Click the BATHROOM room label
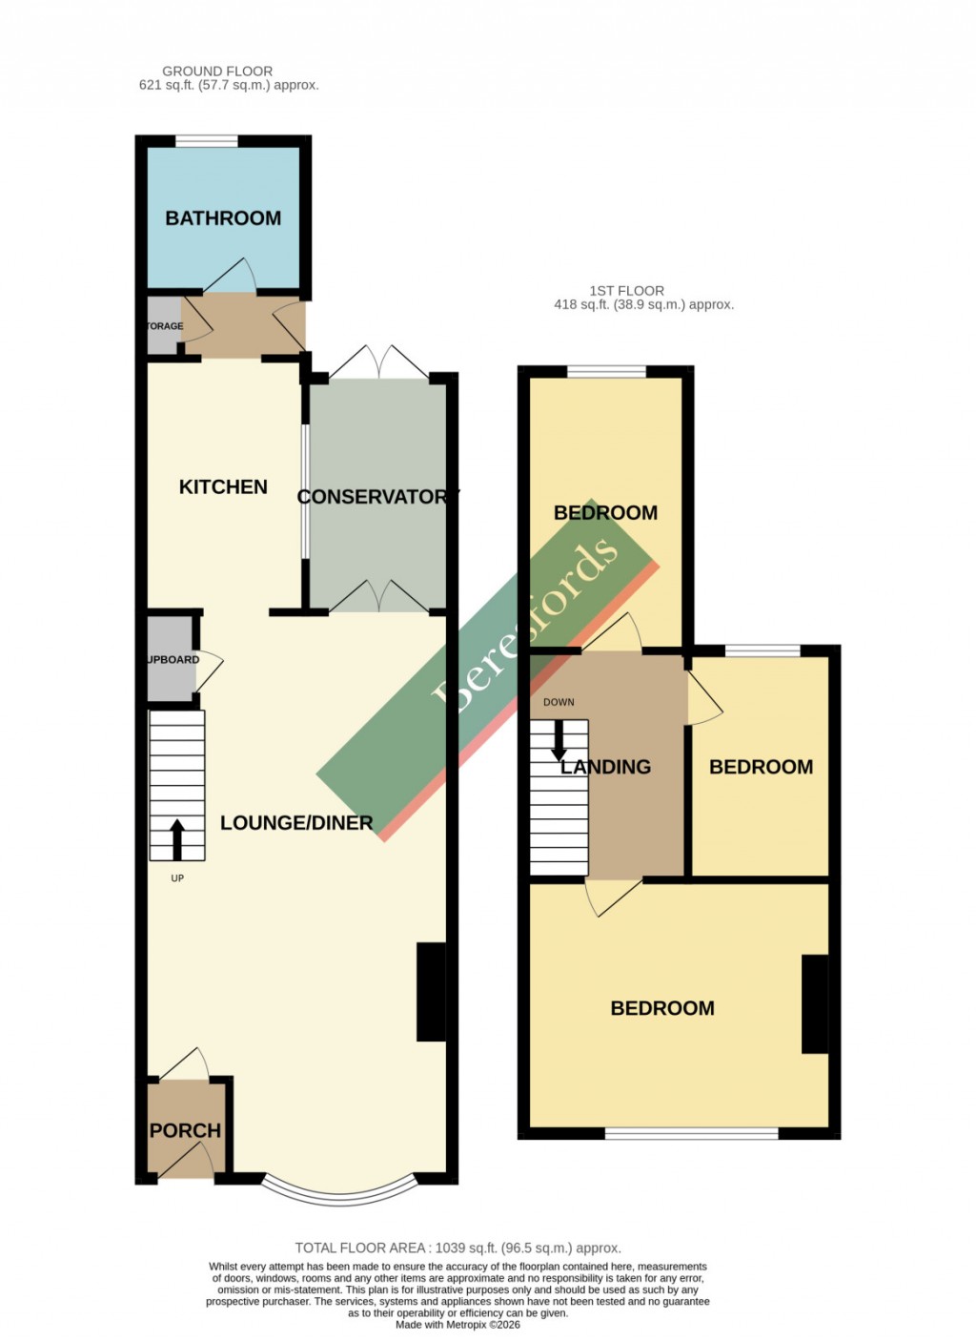click(223, 218)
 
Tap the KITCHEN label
click(223, 487)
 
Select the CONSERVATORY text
click(377, 497)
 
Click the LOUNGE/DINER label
click(295, 823)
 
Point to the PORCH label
click(185, 1130)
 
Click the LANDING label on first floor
click(605, 767)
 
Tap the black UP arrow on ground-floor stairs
click(177, 839)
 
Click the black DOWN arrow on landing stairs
click(559, 738)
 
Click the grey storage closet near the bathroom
click(163, 326)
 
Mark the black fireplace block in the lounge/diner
click(431, 992)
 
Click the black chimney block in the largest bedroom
click(815, 1003)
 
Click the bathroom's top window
click(207, 142)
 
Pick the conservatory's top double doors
click(379, 362)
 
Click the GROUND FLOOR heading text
click(217, 72)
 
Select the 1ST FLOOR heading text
click(626, 291)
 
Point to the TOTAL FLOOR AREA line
click(457, 1248)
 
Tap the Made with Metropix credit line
click(457, 1325)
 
